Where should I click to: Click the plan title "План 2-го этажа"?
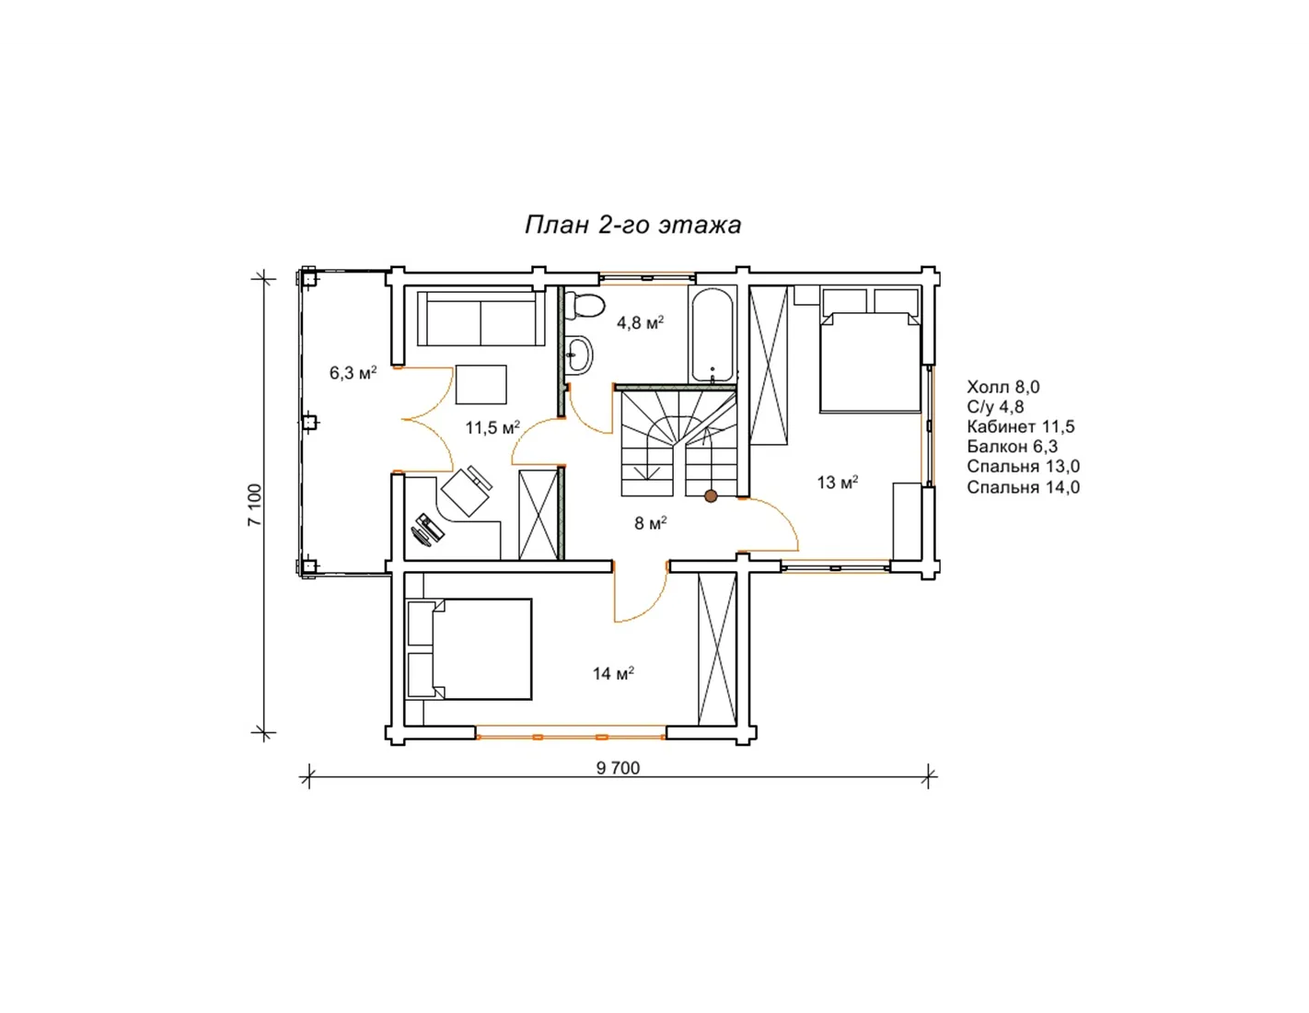[x=631, y=225]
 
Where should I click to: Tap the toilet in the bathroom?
[x=584, y=304]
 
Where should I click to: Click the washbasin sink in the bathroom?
[x=579, y=355]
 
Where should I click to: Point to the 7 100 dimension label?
[x=255, y=505]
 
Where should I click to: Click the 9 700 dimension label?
[x=618, y=768]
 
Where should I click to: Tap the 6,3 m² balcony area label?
[x=353, y=372]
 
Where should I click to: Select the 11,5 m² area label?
[x=492, y=427]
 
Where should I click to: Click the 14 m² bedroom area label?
[x=613, y=673]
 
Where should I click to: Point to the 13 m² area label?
[x=838, y=482]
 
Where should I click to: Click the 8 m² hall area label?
[x=651, y=522]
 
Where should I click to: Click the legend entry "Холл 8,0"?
[x=1003, y=387]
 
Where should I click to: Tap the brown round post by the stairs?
[x=712, y=496]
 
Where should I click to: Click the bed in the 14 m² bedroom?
[x=469, y=649]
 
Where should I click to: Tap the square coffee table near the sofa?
[x=481, y=384]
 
